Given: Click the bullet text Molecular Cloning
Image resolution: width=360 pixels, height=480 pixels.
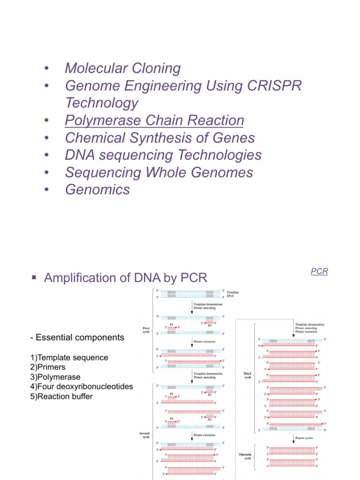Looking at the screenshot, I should pyautogui.click(x=122, y=68).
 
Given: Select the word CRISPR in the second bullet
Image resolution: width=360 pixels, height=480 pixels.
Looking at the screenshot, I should pyautogui.click(x=271, y=86).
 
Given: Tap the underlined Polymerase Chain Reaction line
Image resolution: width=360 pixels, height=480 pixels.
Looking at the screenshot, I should pyautogui.click(x=154, y=120).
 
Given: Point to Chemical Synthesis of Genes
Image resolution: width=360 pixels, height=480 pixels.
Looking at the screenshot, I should pyautogui.click(x=160, y=138).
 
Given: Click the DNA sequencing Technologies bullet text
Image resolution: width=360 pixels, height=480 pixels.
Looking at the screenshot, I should pyautogui.click(x=163, y=155).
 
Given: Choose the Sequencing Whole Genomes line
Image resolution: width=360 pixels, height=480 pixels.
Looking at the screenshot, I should pyautogui.click(x=159, y=172).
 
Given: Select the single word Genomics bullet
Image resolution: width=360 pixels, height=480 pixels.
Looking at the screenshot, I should pyautogui.click(x=97, y=190).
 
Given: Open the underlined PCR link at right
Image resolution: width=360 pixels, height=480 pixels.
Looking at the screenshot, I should pyautogui.click(x=319, y=271).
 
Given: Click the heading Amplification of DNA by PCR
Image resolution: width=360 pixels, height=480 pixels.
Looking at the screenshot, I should pyautogui.click(x=125, y=278).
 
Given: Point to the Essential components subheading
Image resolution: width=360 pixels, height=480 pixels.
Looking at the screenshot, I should pyautogui.click(x=76, y=337).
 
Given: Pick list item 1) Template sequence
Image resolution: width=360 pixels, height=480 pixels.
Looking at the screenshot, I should pyautogui.click(x=69, y=358).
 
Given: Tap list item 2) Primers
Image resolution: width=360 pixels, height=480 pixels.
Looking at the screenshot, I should pyautogui.click(x=48, y=367).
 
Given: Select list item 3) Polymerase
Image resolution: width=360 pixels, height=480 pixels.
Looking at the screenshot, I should pyautogui.click(x=55, y=377).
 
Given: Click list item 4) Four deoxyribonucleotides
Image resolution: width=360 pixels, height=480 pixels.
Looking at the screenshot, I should pyautogui.click(x=81, y=387).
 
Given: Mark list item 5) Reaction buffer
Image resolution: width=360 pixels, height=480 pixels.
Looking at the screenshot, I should pyautogui.click(x=61, y=397).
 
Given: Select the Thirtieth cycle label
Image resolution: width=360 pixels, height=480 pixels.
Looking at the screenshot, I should pyautogui.click(x=245, y=456).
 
